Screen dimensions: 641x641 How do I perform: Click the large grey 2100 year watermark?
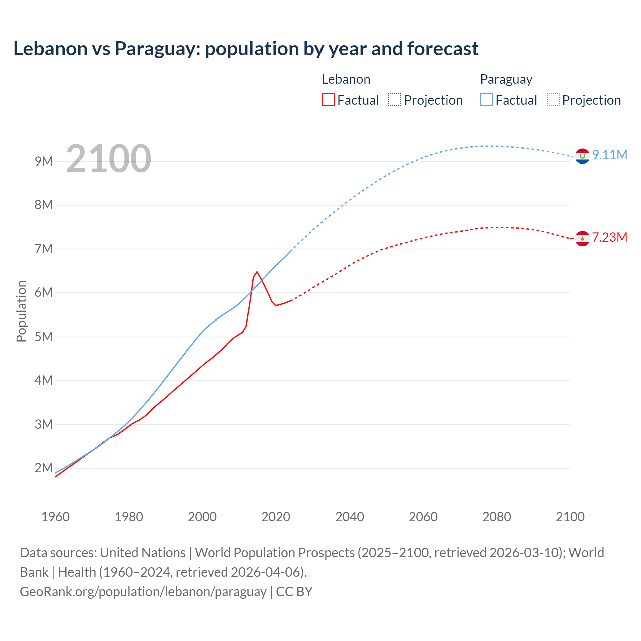tap(108, 159)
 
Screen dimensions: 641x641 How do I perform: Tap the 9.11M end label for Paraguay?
tap(609, 155)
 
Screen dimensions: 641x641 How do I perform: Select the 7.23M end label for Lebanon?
tap(609, 237)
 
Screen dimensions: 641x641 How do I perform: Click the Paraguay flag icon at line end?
tap(582, 156)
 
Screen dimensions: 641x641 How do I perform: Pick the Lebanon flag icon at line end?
tap(582, 239)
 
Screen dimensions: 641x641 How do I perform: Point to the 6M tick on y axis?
tap(44, 293)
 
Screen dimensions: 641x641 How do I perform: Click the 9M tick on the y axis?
tap(44, 161)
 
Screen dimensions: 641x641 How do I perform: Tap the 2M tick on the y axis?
tap(44, 468)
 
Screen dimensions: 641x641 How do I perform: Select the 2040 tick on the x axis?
tap(350, 517)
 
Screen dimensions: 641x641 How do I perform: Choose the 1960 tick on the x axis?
tap(55, 517)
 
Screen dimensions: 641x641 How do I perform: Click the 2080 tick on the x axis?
tap(497, 517)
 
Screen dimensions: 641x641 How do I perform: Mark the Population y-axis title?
tap(21, 311)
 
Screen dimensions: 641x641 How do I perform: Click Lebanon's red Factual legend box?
tap(328, 100)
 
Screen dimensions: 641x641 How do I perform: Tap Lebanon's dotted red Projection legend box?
tap(395, 100)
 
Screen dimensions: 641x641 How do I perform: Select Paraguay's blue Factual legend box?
tap(486, 100)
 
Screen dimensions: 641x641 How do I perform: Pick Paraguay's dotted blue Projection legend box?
tap(553, 100)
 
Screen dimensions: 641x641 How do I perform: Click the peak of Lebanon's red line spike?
tap(257, 272)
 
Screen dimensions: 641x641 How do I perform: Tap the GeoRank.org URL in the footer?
tap(143, 592)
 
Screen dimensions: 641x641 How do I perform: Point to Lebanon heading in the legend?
tap(346, 79)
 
